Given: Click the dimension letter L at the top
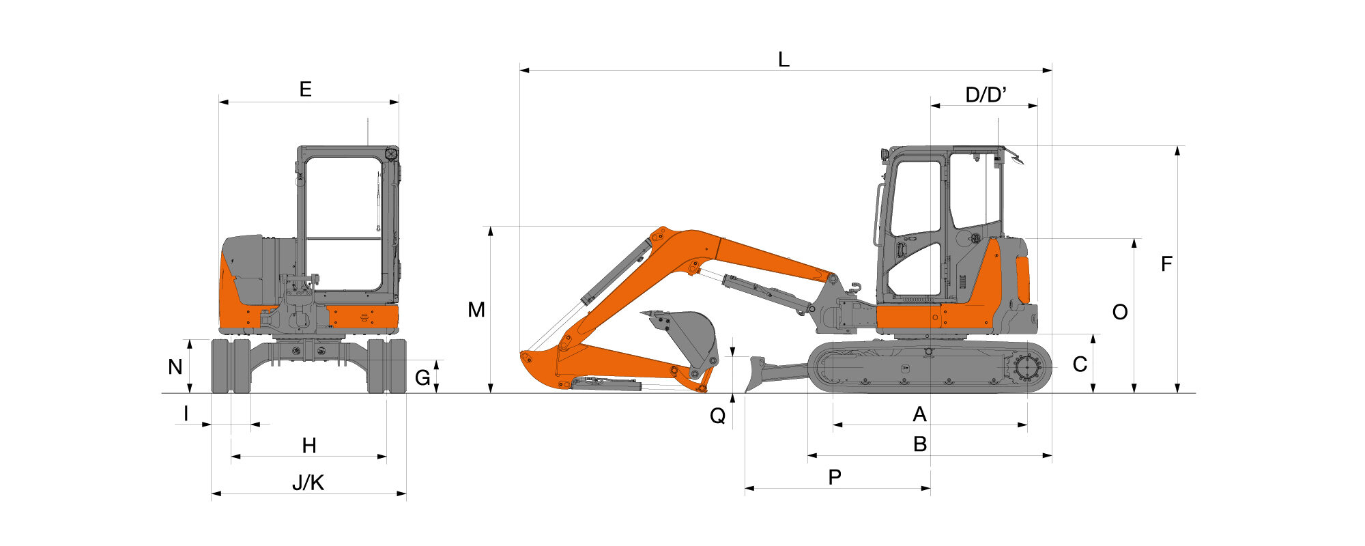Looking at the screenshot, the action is click(x=784, y=60).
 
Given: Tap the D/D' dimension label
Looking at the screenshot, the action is click(x=986, y=95).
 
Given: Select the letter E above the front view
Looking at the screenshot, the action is click(x=306, y=89).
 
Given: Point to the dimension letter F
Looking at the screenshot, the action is click(x=1167, y=264).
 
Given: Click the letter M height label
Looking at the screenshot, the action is click(x=476, y=311).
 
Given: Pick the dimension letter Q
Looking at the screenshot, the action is click(x=718, y=416).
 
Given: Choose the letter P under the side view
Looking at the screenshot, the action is click(x=835, y=478).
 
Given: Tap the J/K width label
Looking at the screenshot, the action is click(x=308, y=483).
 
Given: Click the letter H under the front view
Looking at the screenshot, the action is click(x=309, y=446).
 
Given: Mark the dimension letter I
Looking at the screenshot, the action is click(x=186, y=414).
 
